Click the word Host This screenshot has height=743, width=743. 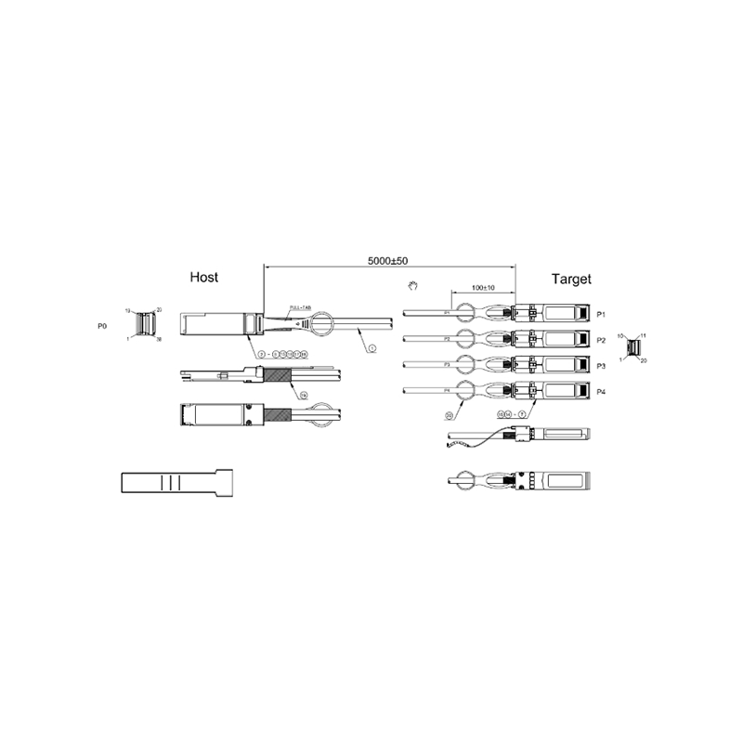[204, 277]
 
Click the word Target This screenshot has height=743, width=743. [571, 279]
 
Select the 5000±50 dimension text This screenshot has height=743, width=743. [388, 262]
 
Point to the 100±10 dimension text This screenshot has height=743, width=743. [483, 287]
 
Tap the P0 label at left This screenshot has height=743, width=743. [102, 327]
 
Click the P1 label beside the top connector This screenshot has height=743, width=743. [601, 314]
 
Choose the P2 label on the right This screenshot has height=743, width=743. [601, 340]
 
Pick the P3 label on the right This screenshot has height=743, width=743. [601, 365]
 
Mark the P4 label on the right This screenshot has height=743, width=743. [601, 391]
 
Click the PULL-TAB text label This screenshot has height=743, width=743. [301, 306]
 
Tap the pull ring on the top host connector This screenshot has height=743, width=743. [322, 325]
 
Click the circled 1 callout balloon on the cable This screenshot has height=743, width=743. [371, 347]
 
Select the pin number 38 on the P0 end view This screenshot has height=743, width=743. [160, 340]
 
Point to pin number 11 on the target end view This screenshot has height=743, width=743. [643, 334]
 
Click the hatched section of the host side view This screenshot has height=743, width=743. [278, 376]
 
